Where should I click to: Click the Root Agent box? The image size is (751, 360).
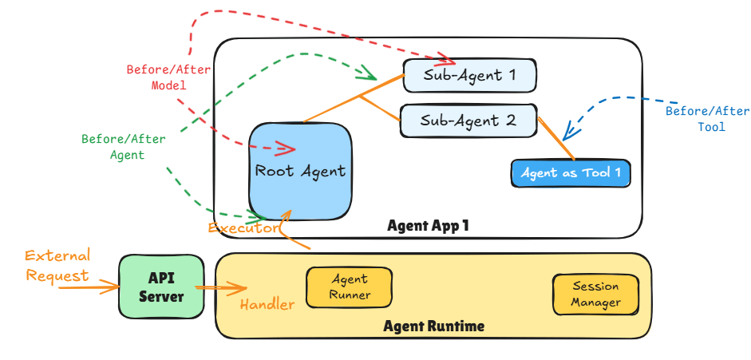click(x=300, y=170)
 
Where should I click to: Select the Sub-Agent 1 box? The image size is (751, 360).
click(x=469, y=76)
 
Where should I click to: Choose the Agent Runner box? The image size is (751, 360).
click(x=350, y=287)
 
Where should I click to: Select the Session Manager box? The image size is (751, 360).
click(x=596, y=295)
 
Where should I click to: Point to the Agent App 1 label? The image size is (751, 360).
click(x=428, y=226)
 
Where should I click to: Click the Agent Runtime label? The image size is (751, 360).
click(x=433, y=326)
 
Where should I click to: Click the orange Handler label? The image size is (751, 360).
click(x=267, y=304)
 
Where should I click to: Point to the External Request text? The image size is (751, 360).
click(x=57, y=265)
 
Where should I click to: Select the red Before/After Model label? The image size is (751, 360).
click(x=168, y=77)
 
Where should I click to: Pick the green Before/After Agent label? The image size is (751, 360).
click(x=124, y=147)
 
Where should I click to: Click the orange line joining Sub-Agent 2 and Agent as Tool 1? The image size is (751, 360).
click(x=556, y=139)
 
